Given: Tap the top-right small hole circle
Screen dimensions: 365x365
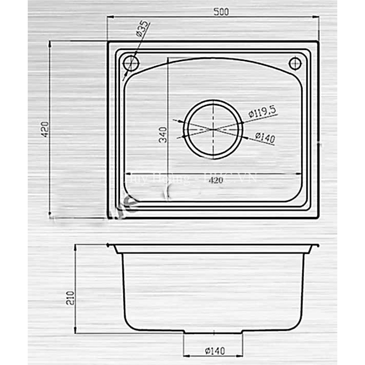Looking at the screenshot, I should (x=295, y=63).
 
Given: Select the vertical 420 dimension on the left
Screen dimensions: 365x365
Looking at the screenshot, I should (x=45, y=130).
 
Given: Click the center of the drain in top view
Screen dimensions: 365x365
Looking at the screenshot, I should (x=214, y=129).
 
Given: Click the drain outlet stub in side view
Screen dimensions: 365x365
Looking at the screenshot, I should (x=213, y=333).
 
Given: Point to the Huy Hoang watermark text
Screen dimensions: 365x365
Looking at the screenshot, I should (x=157, y=178).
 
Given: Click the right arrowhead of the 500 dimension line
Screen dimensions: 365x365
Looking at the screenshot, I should (x=316, y=16).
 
